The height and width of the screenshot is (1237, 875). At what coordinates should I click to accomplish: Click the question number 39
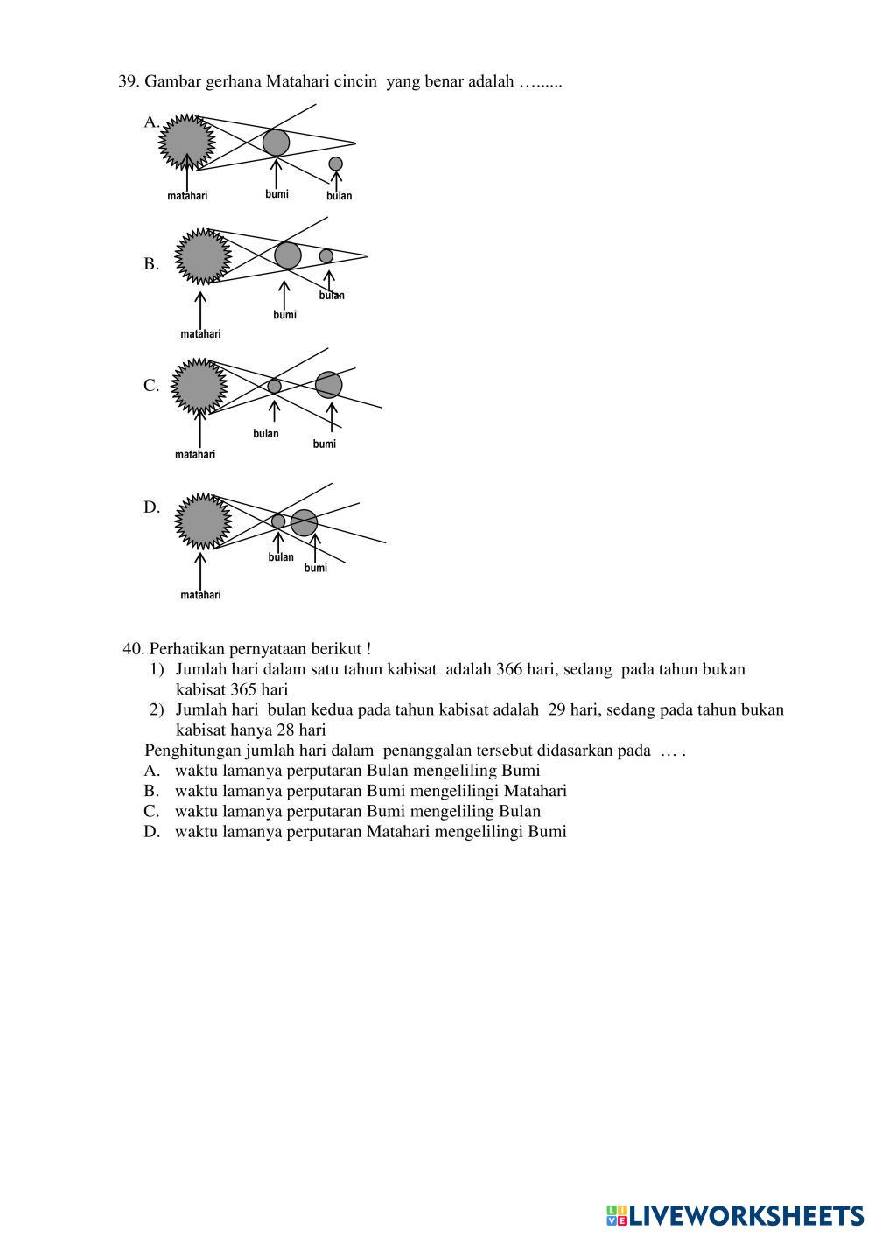[129, 82]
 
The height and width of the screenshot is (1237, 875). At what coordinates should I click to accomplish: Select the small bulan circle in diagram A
[335, 164]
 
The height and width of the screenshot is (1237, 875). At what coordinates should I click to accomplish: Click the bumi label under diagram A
[276, 194]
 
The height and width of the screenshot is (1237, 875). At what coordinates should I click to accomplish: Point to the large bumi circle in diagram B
[288, 255]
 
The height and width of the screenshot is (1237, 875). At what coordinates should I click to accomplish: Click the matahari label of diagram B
[200, 334]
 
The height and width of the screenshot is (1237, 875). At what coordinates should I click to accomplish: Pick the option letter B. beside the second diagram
[151, 264]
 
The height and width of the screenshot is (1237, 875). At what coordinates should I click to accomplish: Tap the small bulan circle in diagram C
[274, 386]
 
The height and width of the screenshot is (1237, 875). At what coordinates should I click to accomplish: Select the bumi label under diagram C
[324, 444]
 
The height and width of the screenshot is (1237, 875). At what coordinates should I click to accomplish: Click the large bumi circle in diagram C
[329, 384]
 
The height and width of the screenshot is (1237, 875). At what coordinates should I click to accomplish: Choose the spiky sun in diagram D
[202, 521]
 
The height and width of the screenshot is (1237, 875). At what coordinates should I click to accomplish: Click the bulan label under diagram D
[281, 557]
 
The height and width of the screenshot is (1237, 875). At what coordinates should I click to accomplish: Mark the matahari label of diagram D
[200, 595]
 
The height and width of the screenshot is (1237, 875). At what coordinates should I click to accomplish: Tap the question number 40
[134, 649]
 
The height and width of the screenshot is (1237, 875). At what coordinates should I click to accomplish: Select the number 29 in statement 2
[556, 710]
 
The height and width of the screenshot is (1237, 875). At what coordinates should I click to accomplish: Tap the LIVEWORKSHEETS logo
[735, 1215]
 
